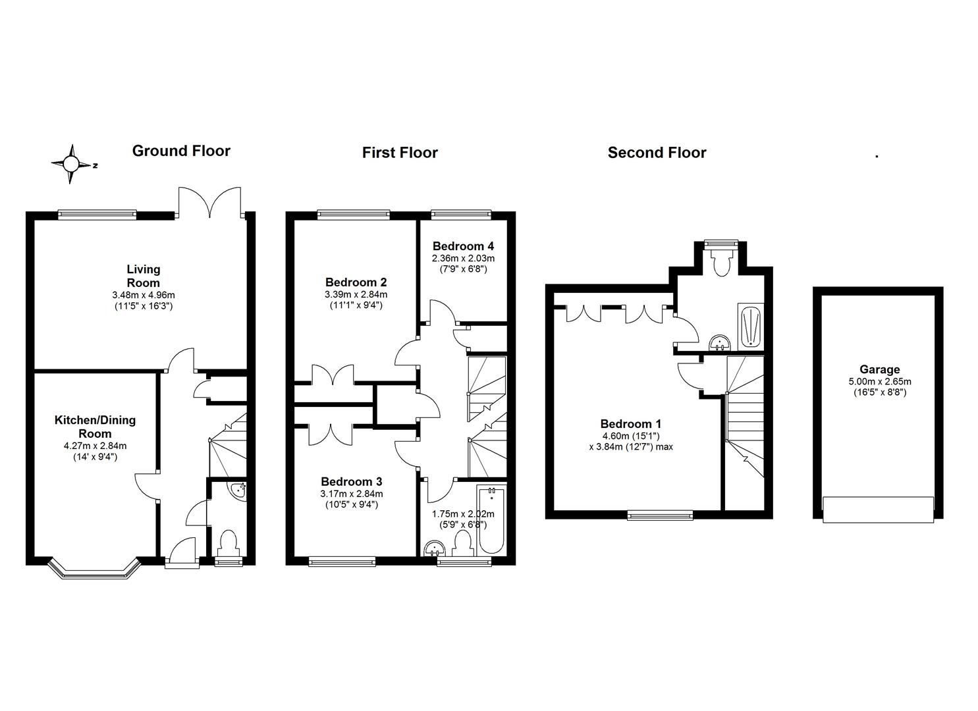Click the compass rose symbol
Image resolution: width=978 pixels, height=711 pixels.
tap(72, 163)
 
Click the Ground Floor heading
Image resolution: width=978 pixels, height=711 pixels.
tap(181, 151)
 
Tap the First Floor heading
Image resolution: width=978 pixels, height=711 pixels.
tap(400, 153)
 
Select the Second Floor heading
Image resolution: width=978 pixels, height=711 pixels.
tap(657, 153)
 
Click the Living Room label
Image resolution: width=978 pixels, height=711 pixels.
tap(144, 276)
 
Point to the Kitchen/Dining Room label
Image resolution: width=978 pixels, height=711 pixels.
tap(95, 427)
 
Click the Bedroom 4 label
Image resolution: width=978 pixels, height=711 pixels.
tap(463, 246)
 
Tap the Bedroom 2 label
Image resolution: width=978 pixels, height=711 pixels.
tap(356, 282)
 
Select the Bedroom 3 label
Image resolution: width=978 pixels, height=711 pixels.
tap(351, 481)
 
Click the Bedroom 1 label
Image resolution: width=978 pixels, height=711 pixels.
tap(630, 424)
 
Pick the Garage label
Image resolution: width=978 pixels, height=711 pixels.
tap(879, 369)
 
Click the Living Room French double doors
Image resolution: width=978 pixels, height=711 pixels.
tap(209, 201)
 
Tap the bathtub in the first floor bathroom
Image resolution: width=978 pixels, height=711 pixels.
tap(491, 520)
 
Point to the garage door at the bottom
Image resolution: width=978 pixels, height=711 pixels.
tap(878, 510)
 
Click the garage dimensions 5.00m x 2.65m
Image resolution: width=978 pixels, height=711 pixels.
tap(879, 382)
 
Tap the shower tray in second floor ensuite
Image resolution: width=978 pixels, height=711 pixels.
tap(749, 327)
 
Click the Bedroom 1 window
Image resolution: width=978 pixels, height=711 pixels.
tap(660, 515)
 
